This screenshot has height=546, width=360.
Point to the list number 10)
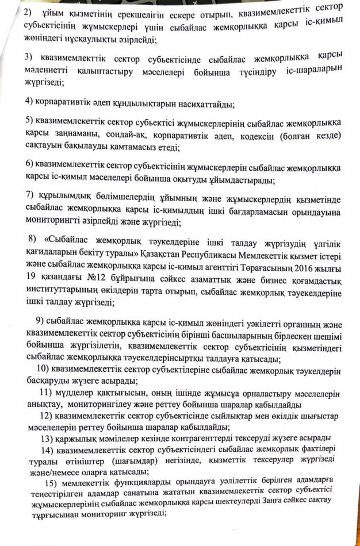point(43,370)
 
